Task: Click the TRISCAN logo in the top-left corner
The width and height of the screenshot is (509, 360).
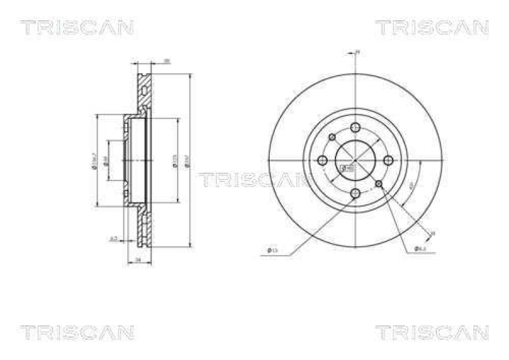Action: (x=76, y=27)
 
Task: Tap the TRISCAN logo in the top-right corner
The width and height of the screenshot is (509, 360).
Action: (x=431, y=27)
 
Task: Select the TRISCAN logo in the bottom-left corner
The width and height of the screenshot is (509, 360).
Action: (x=76, y=332)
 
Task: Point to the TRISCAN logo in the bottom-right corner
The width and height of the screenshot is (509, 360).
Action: (x=431, y=332)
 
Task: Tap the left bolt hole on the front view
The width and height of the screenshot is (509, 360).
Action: (x=323, y=160)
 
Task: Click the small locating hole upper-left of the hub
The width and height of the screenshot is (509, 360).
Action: (x=332, y=137)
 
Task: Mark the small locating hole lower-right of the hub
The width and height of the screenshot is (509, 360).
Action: (x=380, y=184)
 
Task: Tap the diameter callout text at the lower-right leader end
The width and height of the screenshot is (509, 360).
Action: (x=421, y=249)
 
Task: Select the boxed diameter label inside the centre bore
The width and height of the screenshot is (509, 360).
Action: (x=347, y=169)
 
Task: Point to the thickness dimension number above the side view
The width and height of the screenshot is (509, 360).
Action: (x=167, y=61)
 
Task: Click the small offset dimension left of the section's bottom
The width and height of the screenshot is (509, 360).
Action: (x=113, y=239)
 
